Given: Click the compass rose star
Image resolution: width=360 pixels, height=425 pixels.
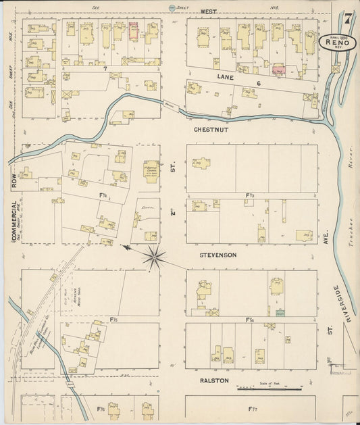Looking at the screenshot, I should coord(155,255).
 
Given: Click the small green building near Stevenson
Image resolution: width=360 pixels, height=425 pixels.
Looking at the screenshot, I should coord(280,313).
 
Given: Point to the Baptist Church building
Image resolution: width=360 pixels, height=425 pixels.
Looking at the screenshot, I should coord(151,171).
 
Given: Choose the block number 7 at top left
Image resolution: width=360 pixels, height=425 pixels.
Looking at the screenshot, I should coord(106,69).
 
